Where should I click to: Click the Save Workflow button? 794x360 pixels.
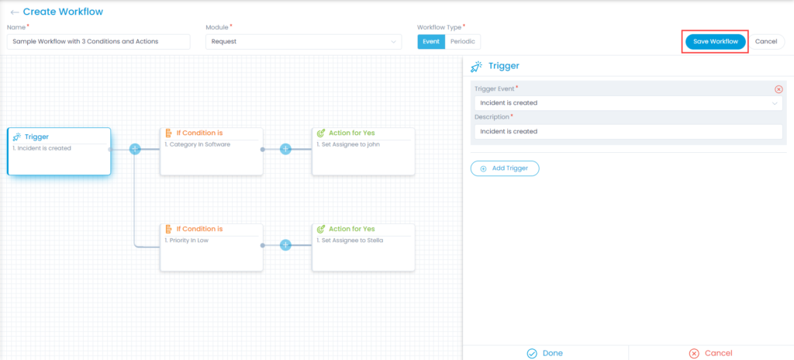point(716,42)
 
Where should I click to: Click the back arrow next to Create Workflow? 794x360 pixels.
point(15,12)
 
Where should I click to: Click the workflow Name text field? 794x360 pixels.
point(98,42)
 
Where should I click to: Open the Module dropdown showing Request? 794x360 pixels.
point(303,42)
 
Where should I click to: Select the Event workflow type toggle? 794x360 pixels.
point(431,42)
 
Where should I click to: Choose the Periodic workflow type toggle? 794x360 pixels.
point(463,42)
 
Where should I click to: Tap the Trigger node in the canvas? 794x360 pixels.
point(59,151)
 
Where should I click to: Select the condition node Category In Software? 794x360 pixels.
point(212,151)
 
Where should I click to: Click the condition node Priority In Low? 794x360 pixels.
point(212,247)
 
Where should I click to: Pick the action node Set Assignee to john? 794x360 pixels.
point(364,151)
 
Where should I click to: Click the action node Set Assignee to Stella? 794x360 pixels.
point(364,247)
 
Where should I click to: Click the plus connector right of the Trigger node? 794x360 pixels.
point(135,149)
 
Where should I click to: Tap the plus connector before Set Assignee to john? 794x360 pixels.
point(285,149)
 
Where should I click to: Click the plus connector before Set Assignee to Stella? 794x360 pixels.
point(285,245)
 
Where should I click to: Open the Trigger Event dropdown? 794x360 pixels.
point(628,103)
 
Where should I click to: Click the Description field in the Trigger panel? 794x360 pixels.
point(628,131)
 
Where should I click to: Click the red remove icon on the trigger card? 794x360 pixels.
point(778,89)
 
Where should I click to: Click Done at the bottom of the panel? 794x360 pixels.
point(545,354)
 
